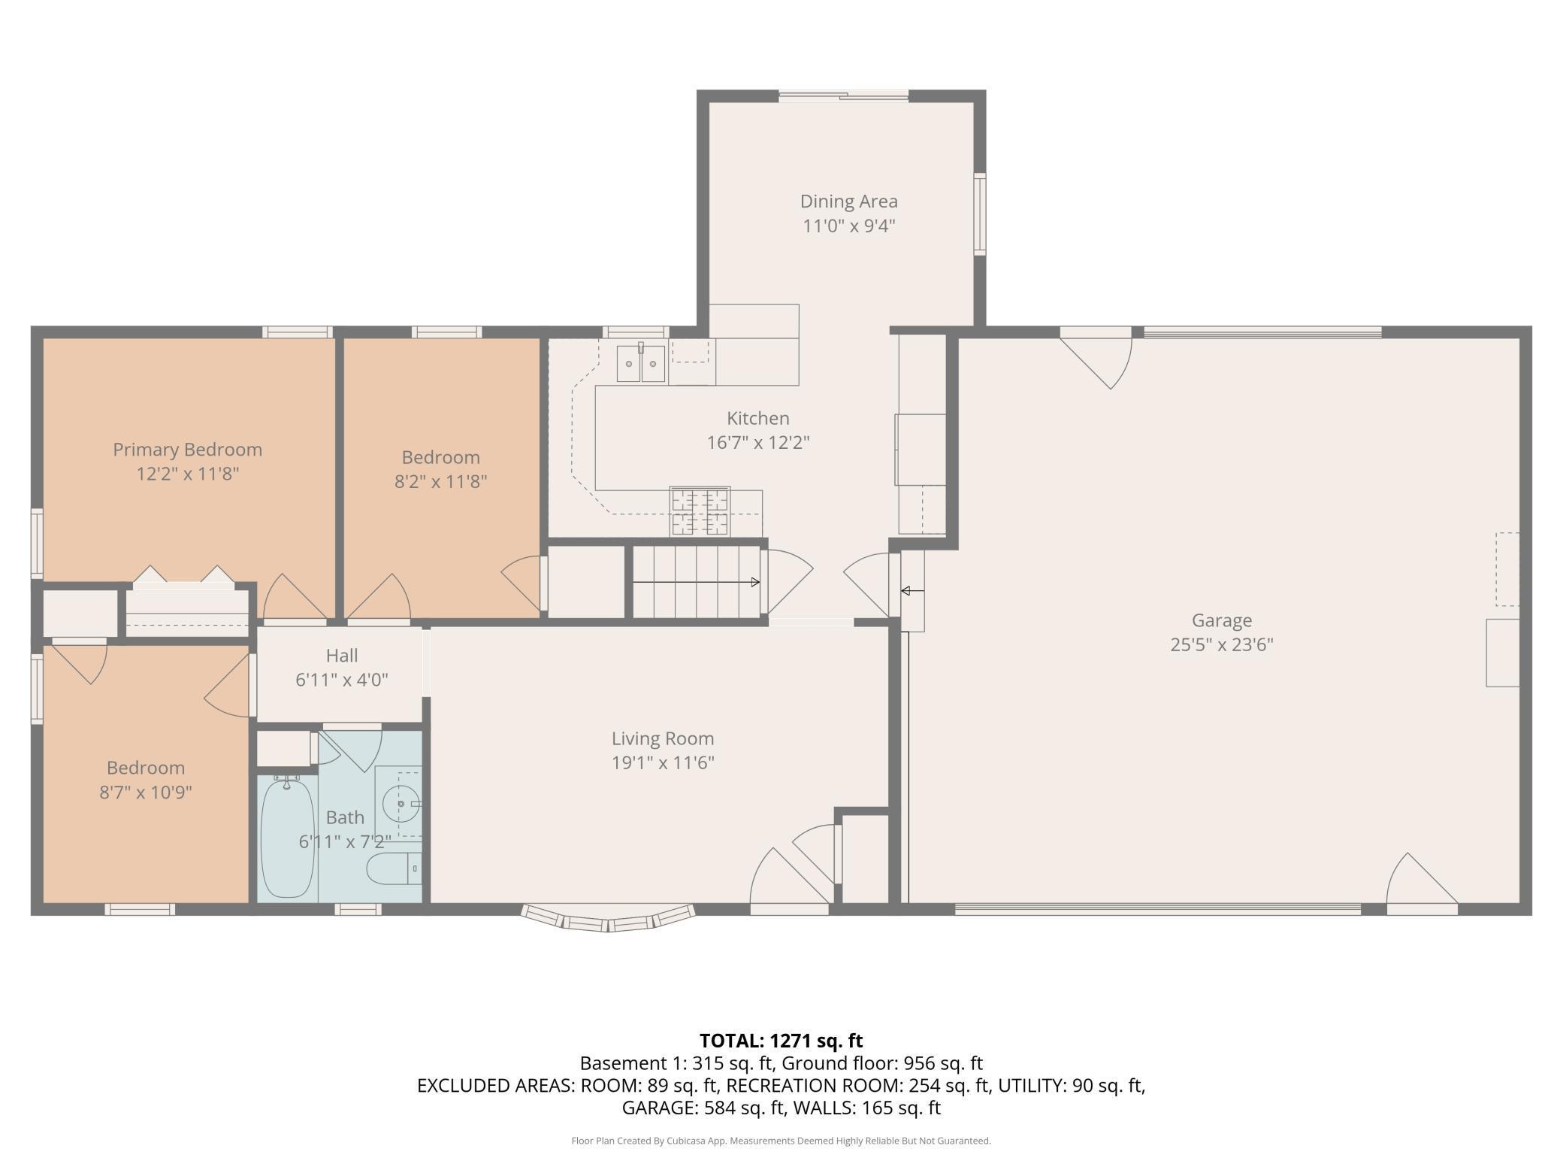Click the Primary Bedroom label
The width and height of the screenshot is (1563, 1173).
pyautogui.click(x=187, y=450)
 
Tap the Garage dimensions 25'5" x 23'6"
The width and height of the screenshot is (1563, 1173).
pyautogui.click(x=1222, y=644)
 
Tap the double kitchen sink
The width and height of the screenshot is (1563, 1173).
pyautogui.click(x=641, y=363)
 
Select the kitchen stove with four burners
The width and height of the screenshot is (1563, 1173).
pyautogui.click(x=700, y=511)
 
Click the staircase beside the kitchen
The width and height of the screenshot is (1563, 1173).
pyautogui.click(x=696, y=581)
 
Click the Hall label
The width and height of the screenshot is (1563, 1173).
pyautogui.click(x=342, y=656)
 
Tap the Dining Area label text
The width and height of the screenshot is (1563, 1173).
pyautogui.click(x=848, y=201)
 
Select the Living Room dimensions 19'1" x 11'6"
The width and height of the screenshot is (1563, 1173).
pyautogui.click(x=662, y=762)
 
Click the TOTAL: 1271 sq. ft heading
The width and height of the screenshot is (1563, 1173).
pyautogui.click(x=781, y=1041)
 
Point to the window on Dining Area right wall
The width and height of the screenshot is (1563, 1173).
pyautogui.click(x=980, y=214)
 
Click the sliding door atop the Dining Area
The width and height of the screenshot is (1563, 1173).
pyautogui.click(x=843, y=95)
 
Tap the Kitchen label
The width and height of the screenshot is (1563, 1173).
pyautogui.click(x=757, y=418)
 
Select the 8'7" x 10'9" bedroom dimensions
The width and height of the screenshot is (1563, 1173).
pyautogui.click(x=146, y=792)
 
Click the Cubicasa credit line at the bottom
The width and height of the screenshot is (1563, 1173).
pyautogui.click(x=781, y=1141)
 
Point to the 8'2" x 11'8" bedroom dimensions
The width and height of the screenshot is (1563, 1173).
pyautogui.click(x=441, y=481)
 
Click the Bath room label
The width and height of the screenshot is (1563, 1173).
pyautogui.click(x=345, y=817)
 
